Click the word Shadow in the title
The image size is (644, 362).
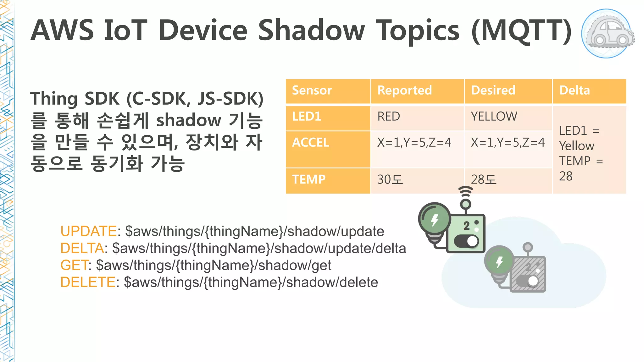pos(311,30)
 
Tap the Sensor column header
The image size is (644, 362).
pos(312,90)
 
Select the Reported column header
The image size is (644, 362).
pos(405,90)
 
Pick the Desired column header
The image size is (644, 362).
pos(493,90)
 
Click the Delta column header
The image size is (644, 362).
pos(575,90)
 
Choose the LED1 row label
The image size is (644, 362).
pos(307,117)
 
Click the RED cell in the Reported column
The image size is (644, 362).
pos(389,117)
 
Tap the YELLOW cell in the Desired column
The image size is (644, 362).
pos(494,117)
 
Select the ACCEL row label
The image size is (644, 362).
pos(310,143)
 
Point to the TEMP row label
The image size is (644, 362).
pos(309,179)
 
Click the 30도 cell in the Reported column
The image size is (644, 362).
pos(390,180)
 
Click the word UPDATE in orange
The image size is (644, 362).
pos(88,231)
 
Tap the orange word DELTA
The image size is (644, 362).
pos(82,248)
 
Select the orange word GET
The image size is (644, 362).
pos(74,265)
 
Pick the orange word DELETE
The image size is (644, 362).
pos(88,282)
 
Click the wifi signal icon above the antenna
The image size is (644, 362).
pos(465,191)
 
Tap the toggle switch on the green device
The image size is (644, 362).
pos(467,242)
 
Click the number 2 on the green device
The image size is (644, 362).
pos(467,226)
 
